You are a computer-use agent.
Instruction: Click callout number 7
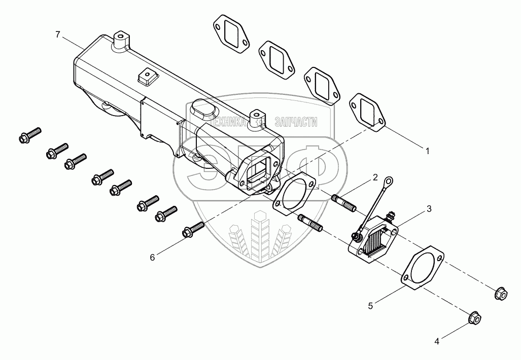tap(58, 34)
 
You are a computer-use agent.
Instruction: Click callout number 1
tap(427, 151)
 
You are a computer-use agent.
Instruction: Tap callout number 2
tap(375, 177)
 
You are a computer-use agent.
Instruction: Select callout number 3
tap(429, 208)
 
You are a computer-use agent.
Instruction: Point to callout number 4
tap(436, 341)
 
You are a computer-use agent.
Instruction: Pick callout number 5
tap(371, 305)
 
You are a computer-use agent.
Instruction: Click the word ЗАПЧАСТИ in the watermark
tap(295, 122)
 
